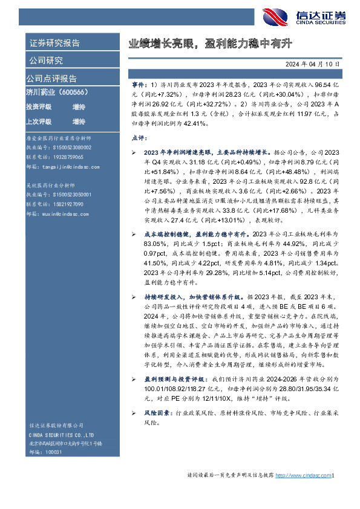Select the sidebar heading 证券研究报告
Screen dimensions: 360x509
[x=54, y=44]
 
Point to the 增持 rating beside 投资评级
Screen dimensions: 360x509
[x=79, y=106]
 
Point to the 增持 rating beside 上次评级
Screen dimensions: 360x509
[x=79, y=121]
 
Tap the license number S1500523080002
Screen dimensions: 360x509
[x=67, y=147]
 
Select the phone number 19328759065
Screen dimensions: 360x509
[x=63, y=157]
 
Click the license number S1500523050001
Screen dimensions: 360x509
[x=67, y=195]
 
